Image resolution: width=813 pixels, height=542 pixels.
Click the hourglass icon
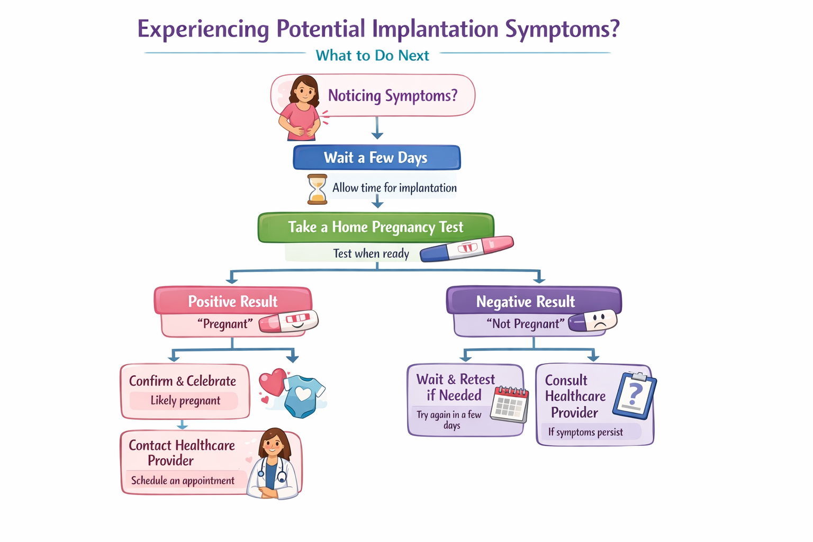tap(317, 189)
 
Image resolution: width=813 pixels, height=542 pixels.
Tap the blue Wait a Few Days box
tap(376, 158)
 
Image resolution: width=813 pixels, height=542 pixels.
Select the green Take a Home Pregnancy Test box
tap(376, 227)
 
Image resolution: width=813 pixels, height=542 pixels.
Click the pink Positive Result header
tap(233, 301)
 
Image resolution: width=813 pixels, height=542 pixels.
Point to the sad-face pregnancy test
tap(593, 321)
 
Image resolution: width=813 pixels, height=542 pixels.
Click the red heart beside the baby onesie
tap(272, 382)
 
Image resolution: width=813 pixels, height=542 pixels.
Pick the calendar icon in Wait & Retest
tap(509, 404)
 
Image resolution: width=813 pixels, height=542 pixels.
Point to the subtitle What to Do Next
tap(372, 56)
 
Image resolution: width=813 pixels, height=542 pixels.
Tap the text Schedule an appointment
tap(183, 481)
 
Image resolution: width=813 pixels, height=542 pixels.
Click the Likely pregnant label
tap(185, 401)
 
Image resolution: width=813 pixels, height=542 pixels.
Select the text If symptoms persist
tap(585, 432)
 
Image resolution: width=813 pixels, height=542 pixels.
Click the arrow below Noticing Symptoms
tap(377, 129)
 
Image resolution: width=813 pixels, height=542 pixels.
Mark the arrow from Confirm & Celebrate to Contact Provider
tap(183, 424)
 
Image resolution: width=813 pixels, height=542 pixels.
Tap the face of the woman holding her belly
tap(303, 92)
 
